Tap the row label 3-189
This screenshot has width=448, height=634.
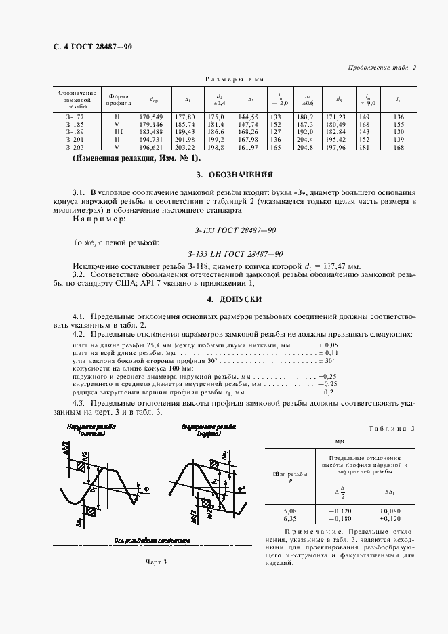[76, 131]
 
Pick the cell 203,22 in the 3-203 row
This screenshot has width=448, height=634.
[185, 146]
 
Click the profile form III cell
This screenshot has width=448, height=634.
[116, 131]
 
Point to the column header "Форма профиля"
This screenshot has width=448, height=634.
[116, 100]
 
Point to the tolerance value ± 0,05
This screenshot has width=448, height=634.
[328, 345]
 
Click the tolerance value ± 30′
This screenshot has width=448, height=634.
[328, 360]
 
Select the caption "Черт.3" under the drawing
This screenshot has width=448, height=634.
[156, 562]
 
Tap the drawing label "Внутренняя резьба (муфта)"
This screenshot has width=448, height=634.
[208, 431]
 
